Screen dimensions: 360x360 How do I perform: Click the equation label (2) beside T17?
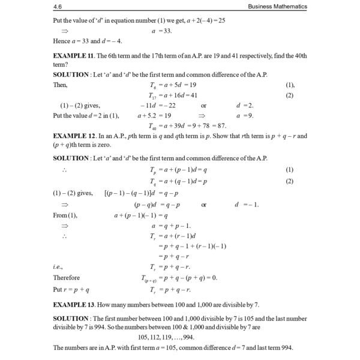point(290,95)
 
